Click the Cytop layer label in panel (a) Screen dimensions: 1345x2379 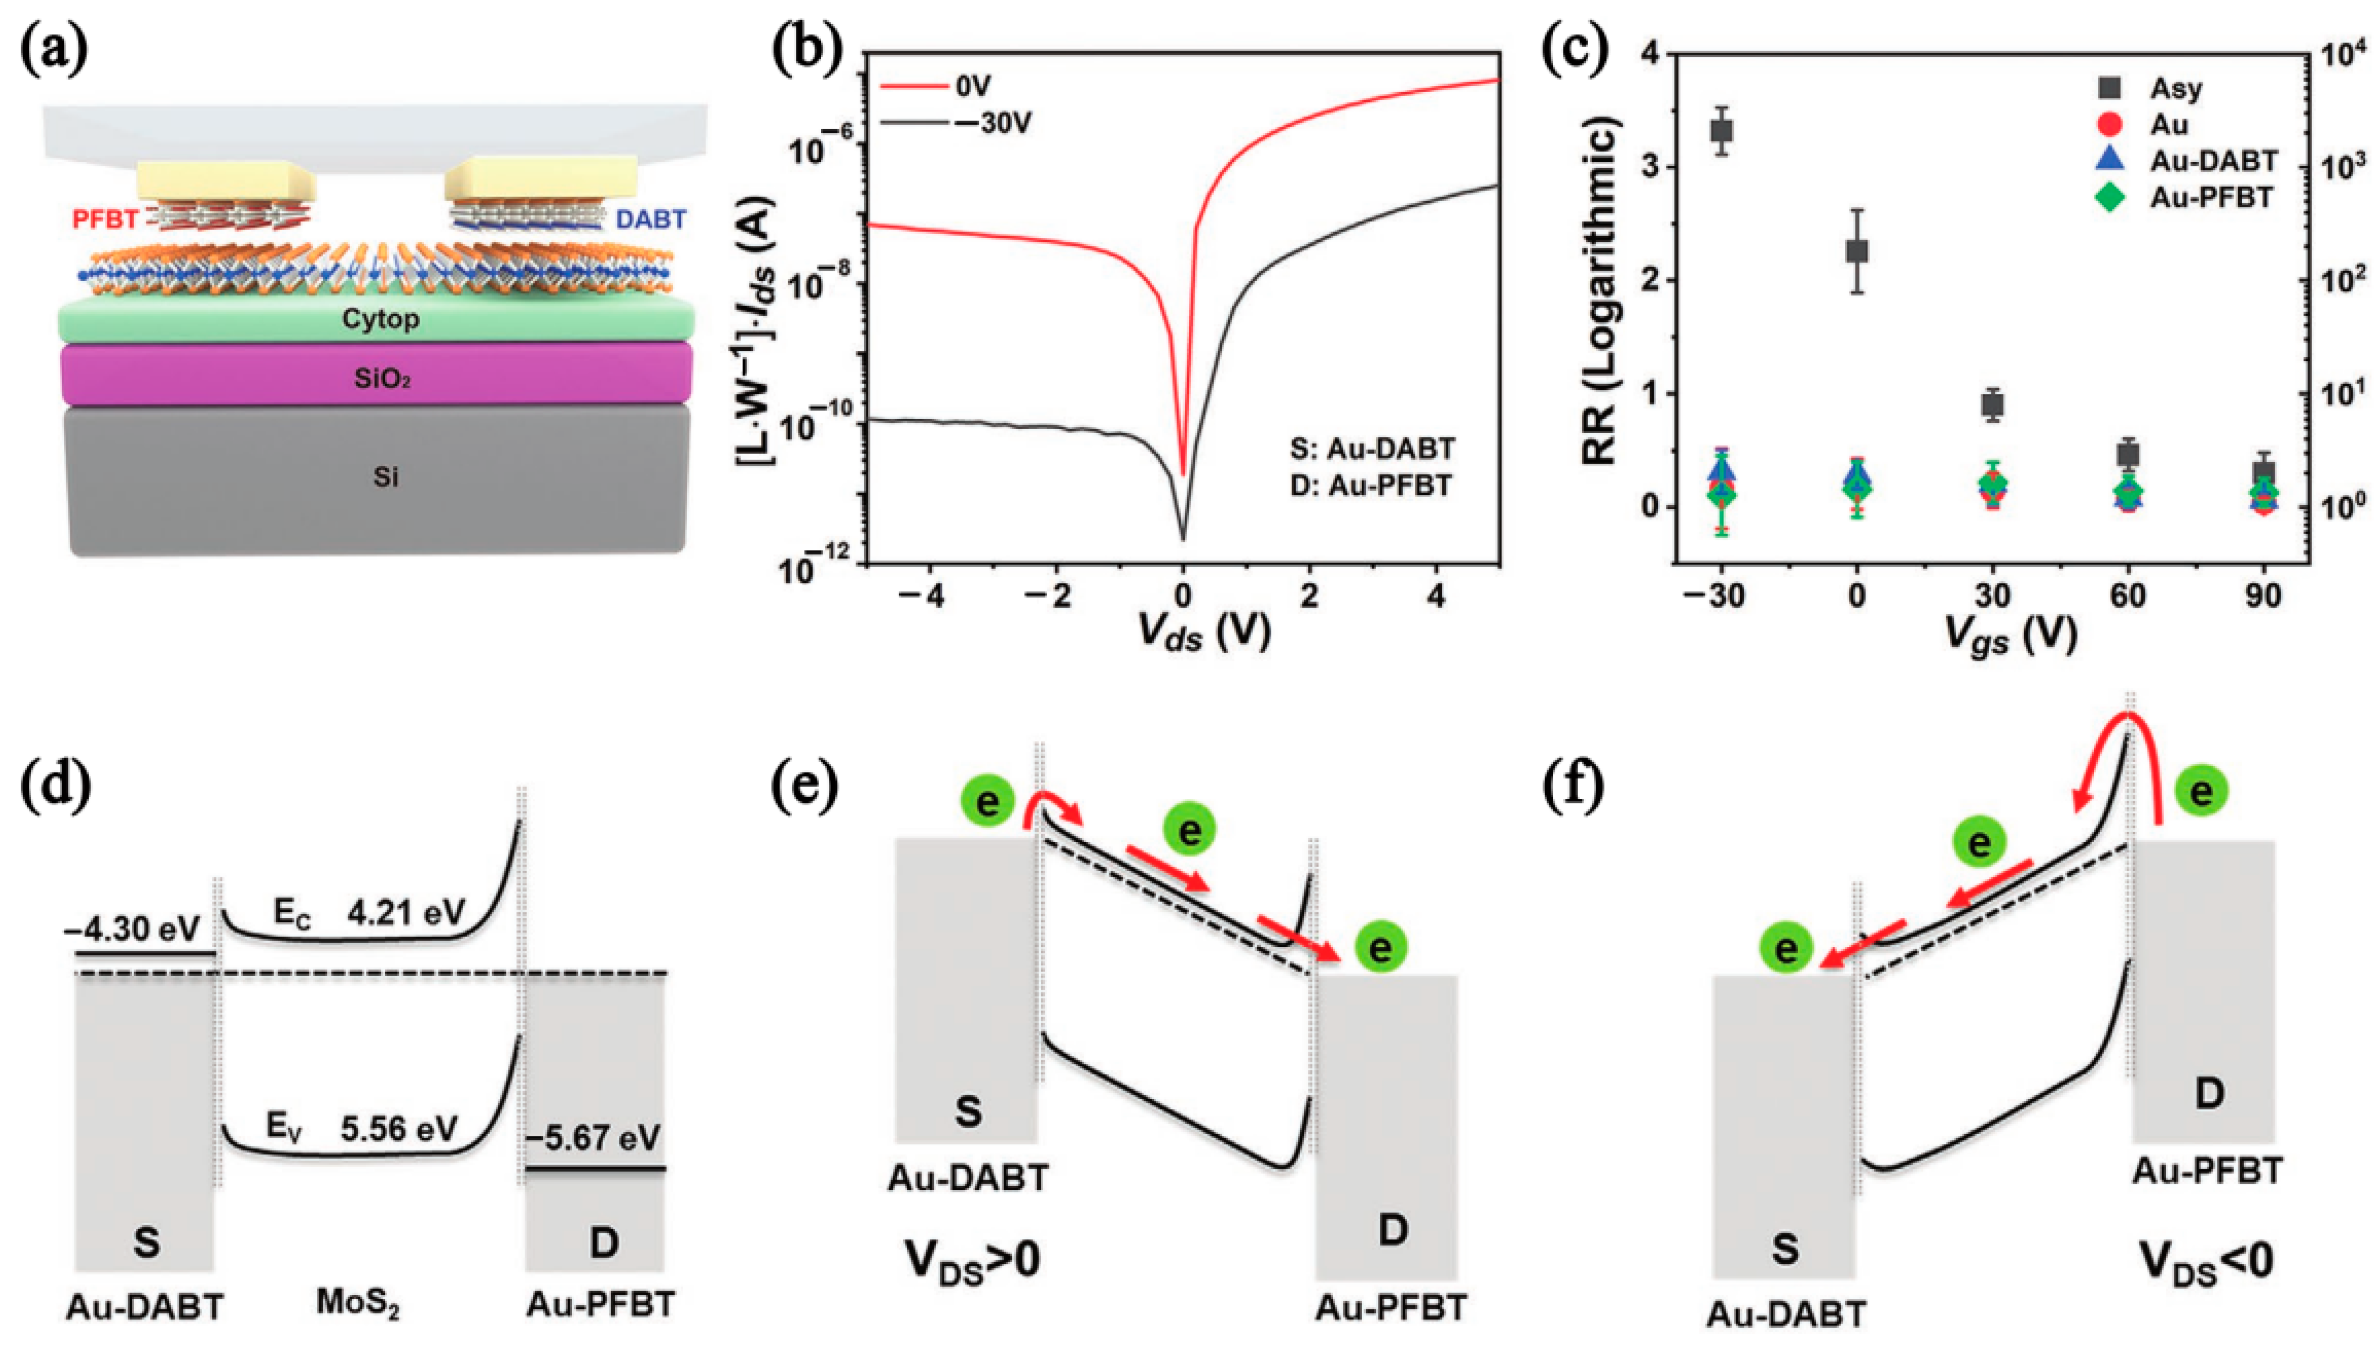(381, 320)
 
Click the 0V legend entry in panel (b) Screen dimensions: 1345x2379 (972, 87)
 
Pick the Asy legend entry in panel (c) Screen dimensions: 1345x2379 (2176, 89)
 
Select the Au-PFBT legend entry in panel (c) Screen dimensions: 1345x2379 (2211, 197)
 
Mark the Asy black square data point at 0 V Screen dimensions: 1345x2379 (1857, 251)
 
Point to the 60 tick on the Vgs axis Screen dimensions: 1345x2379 (2128, 596)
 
